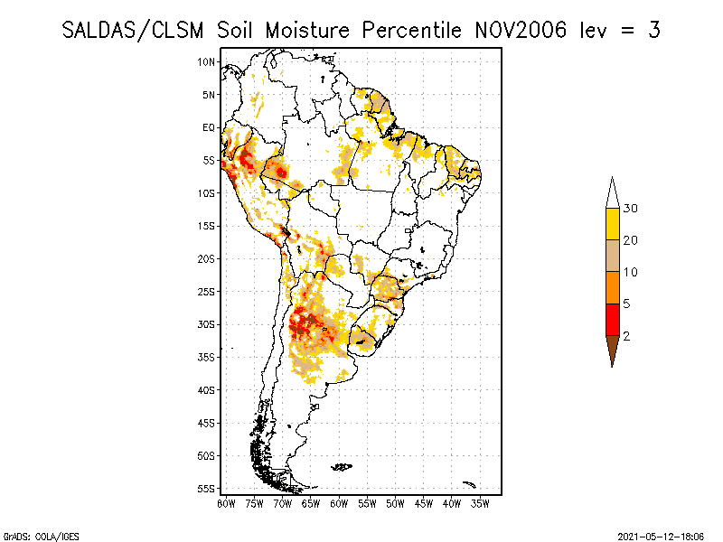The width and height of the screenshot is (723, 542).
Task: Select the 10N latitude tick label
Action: [207, 61]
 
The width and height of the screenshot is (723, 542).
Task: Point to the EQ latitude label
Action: [209, 127]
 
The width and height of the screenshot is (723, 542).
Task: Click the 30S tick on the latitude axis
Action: [207, 324]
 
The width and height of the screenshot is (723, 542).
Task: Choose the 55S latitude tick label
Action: [207, 489]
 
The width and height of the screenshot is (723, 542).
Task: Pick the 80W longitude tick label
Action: [226, 503]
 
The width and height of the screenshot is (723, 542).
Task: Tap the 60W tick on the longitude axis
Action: [339, 503]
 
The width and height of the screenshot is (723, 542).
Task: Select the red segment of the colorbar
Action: [612, 319]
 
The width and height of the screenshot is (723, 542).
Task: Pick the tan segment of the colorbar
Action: [612, 256]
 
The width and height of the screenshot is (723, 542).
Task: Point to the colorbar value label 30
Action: [631, 209]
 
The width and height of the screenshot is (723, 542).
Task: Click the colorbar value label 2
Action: [627, 335]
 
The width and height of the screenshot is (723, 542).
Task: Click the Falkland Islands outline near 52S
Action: [342, 467]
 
